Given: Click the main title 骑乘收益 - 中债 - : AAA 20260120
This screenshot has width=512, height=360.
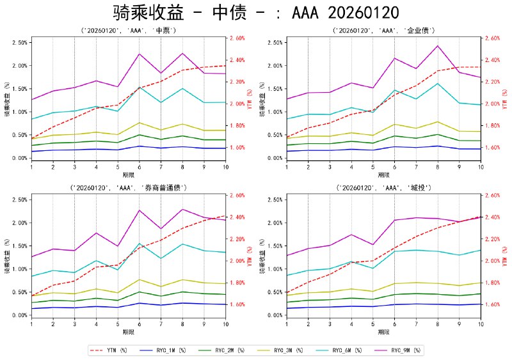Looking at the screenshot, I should [256, 13].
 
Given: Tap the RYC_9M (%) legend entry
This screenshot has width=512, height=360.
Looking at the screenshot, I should [401, 350].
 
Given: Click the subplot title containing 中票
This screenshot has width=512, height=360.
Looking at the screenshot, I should [129, 30].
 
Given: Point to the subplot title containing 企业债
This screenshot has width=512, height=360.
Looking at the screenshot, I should [384, 30].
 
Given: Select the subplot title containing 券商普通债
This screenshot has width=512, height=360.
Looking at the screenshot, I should [129, 187].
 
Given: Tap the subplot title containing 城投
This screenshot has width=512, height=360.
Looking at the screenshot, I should [384, 187].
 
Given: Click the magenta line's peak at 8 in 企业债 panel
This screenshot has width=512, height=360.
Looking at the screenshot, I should [438, 46].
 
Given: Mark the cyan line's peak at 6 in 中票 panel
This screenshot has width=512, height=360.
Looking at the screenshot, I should [140, 87].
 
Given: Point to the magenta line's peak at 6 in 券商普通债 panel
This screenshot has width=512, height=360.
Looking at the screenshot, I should [140, 210].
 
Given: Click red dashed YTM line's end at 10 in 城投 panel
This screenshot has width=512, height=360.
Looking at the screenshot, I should [481, 217].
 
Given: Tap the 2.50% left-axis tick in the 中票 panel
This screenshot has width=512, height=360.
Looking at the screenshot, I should [19, 43].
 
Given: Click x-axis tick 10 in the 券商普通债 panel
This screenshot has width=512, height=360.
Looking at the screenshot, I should [225, 324].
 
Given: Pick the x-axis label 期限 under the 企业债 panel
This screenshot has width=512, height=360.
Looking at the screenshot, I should [384, 175].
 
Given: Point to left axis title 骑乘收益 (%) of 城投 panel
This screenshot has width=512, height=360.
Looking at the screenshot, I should [261, 256].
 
